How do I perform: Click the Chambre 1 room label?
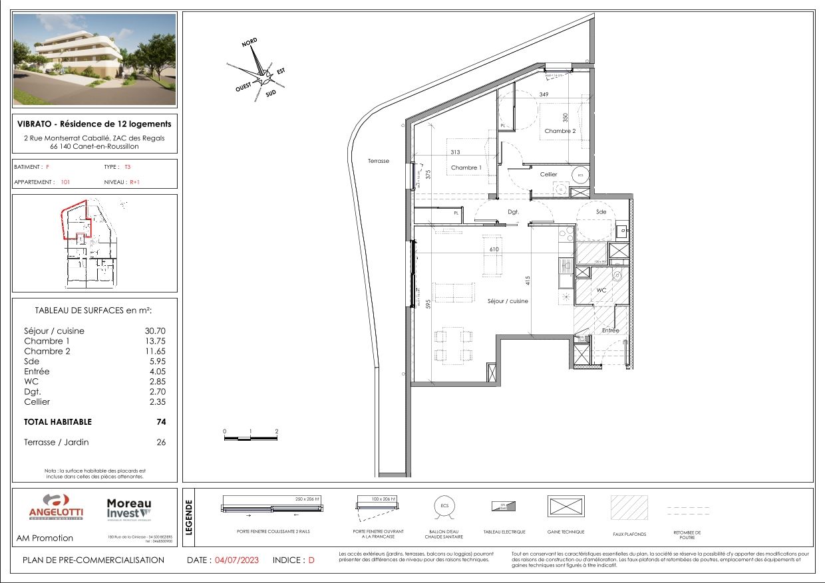click(x=466, y=168)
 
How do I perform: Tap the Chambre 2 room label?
click(x=560, y=131)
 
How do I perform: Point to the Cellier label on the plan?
click(x=548, y=174)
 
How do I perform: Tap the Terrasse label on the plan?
click(x=378, y=161)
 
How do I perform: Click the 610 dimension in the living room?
click(x=494, y=249)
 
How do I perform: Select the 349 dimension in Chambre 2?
click(x=544, y=95)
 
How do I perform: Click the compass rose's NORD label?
click(x=249, y=42)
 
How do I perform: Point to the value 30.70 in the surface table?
click(x=155, y=331)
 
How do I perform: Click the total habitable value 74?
click(x=161, y=421)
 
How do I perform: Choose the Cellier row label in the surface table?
click(x=37, y=402)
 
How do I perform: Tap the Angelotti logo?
click(x=56, y=509)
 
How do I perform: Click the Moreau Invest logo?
click(x=129, y=510)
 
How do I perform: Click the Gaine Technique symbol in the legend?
click(x=566, y=507)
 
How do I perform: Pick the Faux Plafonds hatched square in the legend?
click(x=629, y=508)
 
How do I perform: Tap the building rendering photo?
click(x=94, y=59)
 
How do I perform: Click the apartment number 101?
click(x=65, y=181)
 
